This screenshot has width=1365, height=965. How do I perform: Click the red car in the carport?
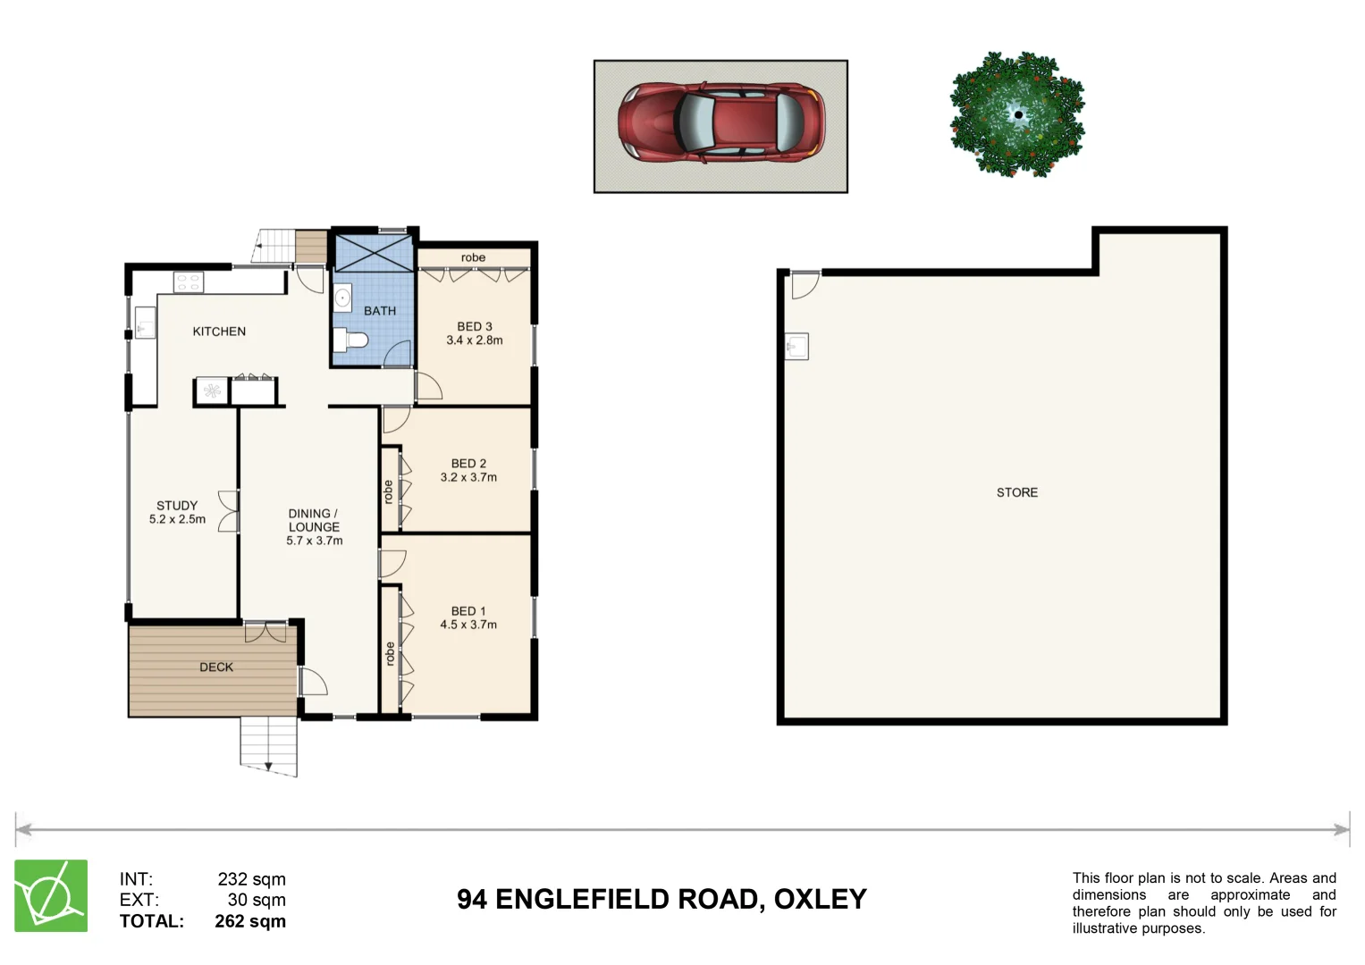720,123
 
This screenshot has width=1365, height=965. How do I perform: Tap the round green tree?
1016,114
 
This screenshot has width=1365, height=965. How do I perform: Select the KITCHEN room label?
219,331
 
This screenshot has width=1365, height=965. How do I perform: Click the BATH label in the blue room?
379,311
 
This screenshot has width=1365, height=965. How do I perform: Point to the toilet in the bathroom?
350,340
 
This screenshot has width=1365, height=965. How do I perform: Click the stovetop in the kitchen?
189,283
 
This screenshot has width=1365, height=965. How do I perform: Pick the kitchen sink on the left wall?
145,323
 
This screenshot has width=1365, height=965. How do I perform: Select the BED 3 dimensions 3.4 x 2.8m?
475,340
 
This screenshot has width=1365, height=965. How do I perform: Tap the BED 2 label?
468,464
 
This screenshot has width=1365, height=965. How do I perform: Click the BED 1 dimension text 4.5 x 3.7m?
468,625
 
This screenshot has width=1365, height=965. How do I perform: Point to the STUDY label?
177,506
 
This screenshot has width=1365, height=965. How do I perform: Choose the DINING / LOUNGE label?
314,520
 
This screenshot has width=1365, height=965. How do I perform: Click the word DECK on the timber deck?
216,667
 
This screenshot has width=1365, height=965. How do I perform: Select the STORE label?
1017,492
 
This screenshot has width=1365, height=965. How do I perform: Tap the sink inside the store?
796,346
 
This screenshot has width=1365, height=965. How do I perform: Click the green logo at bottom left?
51,896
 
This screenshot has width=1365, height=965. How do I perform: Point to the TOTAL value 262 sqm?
250,921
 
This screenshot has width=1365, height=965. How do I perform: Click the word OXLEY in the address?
820,899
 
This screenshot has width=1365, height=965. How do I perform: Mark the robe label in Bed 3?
473,258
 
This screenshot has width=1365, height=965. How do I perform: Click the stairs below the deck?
268,744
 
